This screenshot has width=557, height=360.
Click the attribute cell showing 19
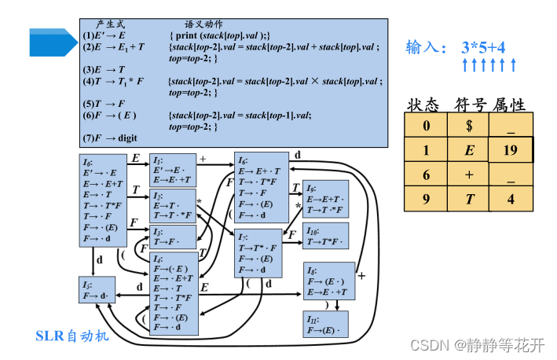pyautogui.click(x=511, y=149)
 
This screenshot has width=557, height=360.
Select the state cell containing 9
pyautogui.click(x=427, y=200)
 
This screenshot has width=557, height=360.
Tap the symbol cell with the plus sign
pyautogui.click(x=469, y=174)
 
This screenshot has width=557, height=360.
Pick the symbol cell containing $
pyautogui.click(x=469, y=125)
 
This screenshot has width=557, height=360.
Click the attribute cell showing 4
pyautogui.click(x=511, y=200)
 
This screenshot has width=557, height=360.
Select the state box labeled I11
pyautogui.click(x=326, y=324)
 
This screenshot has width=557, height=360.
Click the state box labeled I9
pyautogui.click(x=325, y=199)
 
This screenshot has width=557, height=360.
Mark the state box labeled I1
pyautogui.click(x=173, y=169)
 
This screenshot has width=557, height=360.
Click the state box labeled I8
pyautogui.click(x=328, y=281)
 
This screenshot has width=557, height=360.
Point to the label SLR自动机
pyautogui.click(x=72, y=336)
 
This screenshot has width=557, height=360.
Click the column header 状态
pyautogui.click(x=425, y=105)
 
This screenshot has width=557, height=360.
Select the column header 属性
pyautogui.click(x=508, y=105)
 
